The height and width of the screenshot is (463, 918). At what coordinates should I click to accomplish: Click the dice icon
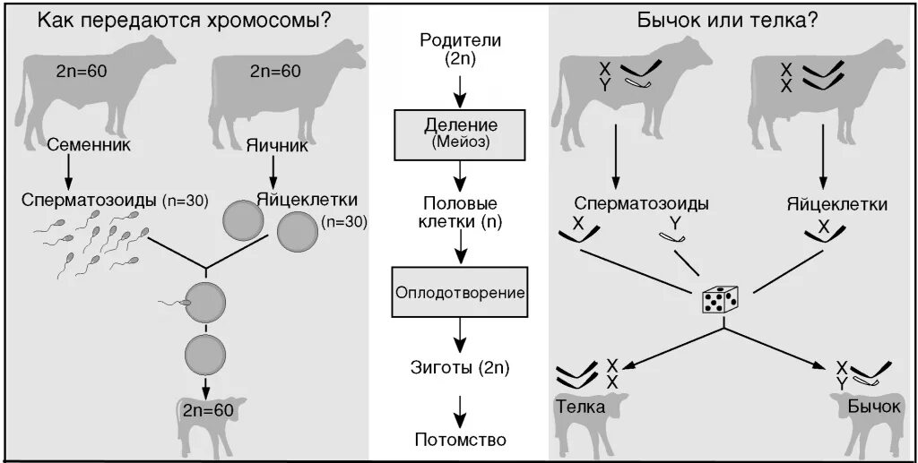pyautogui.click(x=721, y=300)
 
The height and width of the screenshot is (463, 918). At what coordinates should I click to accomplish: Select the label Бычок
pyautogui.click(x=873, y=407)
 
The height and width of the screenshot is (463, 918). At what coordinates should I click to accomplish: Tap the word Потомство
pyautogui.click(x=460, y=440)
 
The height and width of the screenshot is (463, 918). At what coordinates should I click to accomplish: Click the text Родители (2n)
pyautogui.click(x=460, y=49)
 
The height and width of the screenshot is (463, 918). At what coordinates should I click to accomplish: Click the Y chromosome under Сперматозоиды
pyautogui.click(x=673, y=235)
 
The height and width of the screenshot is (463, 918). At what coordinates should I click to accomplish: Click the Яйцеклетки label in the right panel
pyautogui.click(x=839, y=204)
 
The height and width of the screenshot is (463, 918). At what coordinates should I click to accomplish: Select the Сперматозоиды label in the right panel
pyautogui.click(x=641, y=204)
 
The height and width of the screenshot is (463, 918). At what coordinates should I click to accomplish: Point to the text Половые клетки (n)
pyautogui.click(x=460, y=211)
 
